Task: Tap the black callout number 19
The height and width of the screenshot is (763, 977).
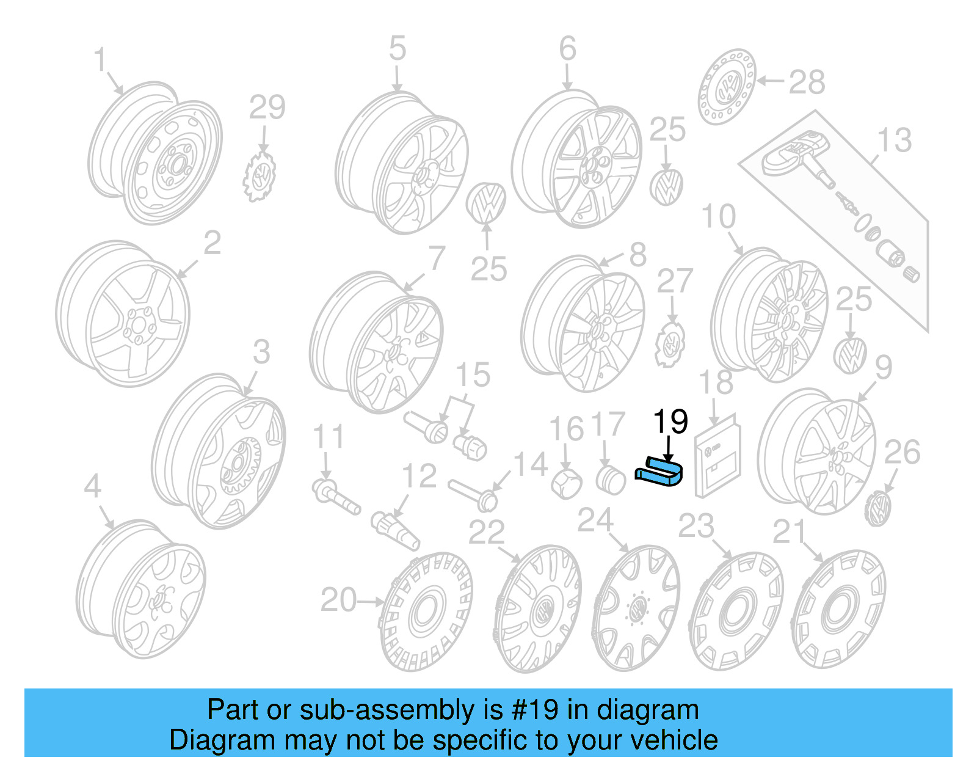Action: coord(670,422)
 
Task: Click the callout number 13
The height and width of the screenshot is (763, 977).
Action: coord(894,141)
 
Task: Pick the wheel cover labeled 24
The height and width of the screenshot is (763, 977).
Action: coord(636,608)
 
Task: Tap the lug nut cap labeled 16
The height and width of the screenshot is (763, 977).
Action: coord(567,483)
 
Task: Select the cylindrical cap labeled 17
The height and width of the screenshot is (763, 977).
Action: coord(610,480)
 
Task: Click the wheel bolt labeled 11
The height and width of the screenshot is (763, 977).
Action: coord(335,496)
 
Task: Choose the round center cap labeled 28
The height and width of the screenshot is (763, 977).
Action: coord(727,87)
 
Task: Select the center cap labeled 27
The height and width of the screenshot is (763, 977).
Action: coord(670,345)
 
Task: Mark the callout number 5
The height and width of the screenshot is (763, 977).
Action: coord(397,48)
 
